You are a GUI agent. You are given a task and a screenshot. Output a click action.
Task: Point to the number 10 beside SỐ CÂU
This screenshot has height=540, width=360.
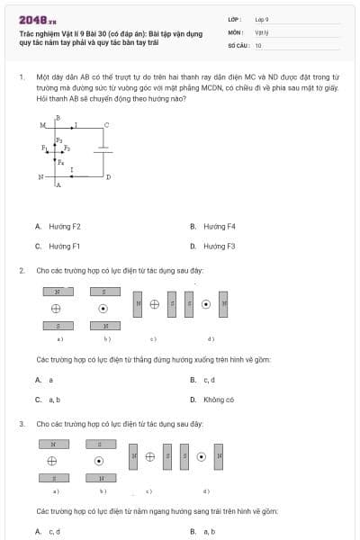[x=258, y=44]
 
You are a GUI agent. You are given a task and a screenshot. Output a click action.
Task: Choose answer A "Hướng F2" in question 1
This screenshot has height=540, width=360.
[x=64, y=227]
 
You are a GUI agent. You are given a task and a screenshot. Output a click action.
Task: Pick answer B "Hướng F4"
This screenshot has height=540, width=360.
[x=219, y=227]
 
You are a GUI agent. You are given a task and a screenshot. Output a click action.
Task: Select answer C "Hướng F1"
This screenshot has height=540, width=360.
[x=64, y=246]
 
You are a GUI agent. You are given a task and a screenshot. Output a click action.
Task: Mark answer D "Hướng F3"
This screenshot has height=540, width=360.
[x=219, y=246]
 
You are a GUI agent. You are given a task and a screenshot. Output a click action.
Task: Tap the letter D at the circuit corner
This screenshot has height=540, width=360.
[x=109, y=177]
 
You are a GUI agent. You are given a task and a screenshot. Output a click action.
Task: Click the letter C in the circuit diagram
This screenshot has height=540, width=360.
[x=106, y=125]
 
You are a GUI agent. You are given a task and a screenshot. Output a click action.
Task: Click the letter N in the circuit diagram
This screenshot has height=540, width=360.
[x=40, y=176]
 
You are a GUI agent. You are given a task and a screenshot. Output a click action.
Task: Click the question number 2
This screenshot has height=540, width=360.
[x=21, y=270]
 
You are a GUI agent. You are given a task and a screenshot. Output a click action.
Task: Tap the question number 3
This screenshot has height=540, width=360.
[x=21, y=423]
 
